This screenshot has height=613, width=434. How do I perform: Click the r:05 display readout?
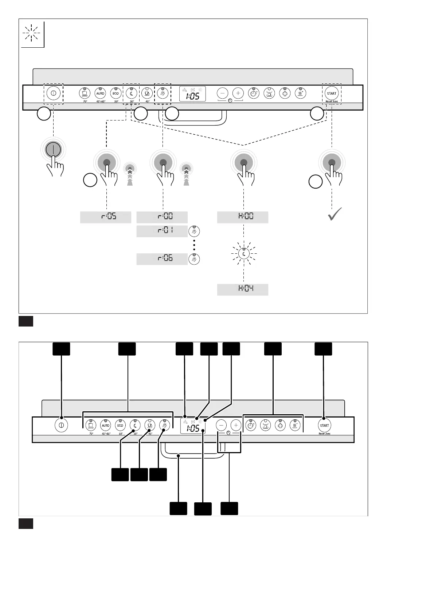click(105, 217)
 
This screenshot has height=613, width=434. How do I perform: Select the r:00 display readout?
click(162, 217)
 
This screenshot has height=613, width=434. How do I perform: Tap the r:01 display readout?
click(162, 231)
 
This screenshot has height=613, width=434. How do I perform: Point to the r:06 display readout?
click(162, 259)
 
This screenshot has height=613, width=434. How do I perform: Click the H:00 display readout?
click(243, 217)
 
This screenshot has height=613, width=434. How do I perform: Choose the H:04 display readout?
click(243, 289)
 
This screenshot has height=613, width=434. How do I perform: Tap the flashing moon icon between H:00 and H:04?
click(244, 254)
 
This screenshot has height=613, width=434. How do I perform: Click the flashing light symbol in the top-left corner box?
click(32, 33)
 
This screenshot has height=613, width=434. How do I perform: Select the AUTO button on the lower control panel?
click(105, 425)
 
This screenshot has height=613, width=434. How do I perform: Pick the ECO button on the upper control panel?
click(116, 93)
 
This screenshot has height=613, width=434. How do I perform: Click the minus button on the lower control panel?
click(221, 425)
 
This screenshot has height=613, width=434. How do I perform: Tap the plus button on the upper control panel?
click(238, 93)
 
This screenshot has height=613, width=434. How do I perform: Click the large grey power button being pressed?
click(53, 149)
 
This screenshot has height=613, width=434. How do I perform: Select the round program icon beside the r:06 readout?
click(194, 259)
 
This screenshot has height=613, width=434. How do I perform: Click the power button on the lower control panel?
click(61, 425)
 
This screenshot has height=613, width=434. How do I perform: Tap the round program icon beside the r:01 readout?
click(194, 231)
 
